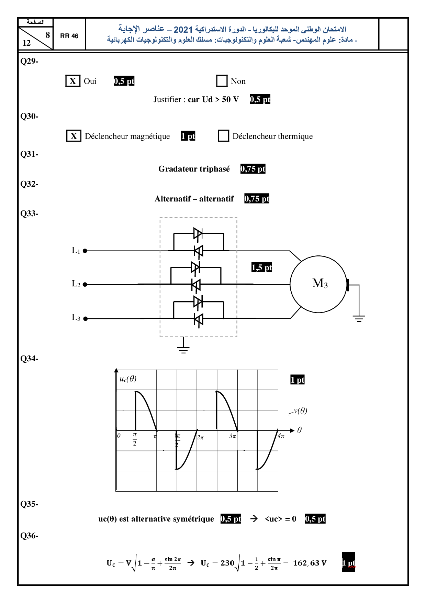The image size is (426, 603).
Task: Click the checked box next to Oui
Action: [73, 81]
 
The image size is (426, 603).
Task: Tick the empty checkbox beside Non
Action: [222, 81]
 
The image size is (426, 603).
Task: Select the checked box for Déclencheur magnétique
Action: [74, 136]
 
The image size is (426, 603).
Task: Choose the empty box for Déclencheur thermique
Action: [224, 136]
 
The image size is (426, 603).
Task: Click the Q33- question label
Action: [29, 213]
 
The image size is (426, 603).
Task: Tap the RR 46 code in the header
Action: [69, 36]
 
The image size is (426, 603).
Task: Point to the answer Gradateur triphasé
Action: [194, 169]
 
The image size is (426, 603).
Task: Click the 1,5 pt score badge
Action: [261, 267]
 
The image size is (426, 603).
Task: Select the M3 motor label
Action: [319, 284]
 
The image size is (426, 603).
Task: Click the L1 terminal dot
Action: [85, 251]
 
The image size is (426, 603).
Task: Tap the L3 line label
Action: [76, 317]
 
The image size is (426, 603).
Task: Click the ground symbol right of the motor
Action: [359, 318]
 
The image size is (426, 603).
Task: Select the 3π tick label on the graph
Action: [233, 436]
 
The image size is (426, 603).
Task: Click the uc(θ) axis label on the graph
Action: [128, 379]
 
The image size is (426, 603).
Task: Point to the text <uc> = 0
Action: [280, 519]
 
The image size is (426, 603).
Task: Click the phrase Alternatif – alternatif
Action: [194, 199]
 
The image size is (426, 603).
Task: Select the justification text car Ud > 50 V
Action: [213, 99]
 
